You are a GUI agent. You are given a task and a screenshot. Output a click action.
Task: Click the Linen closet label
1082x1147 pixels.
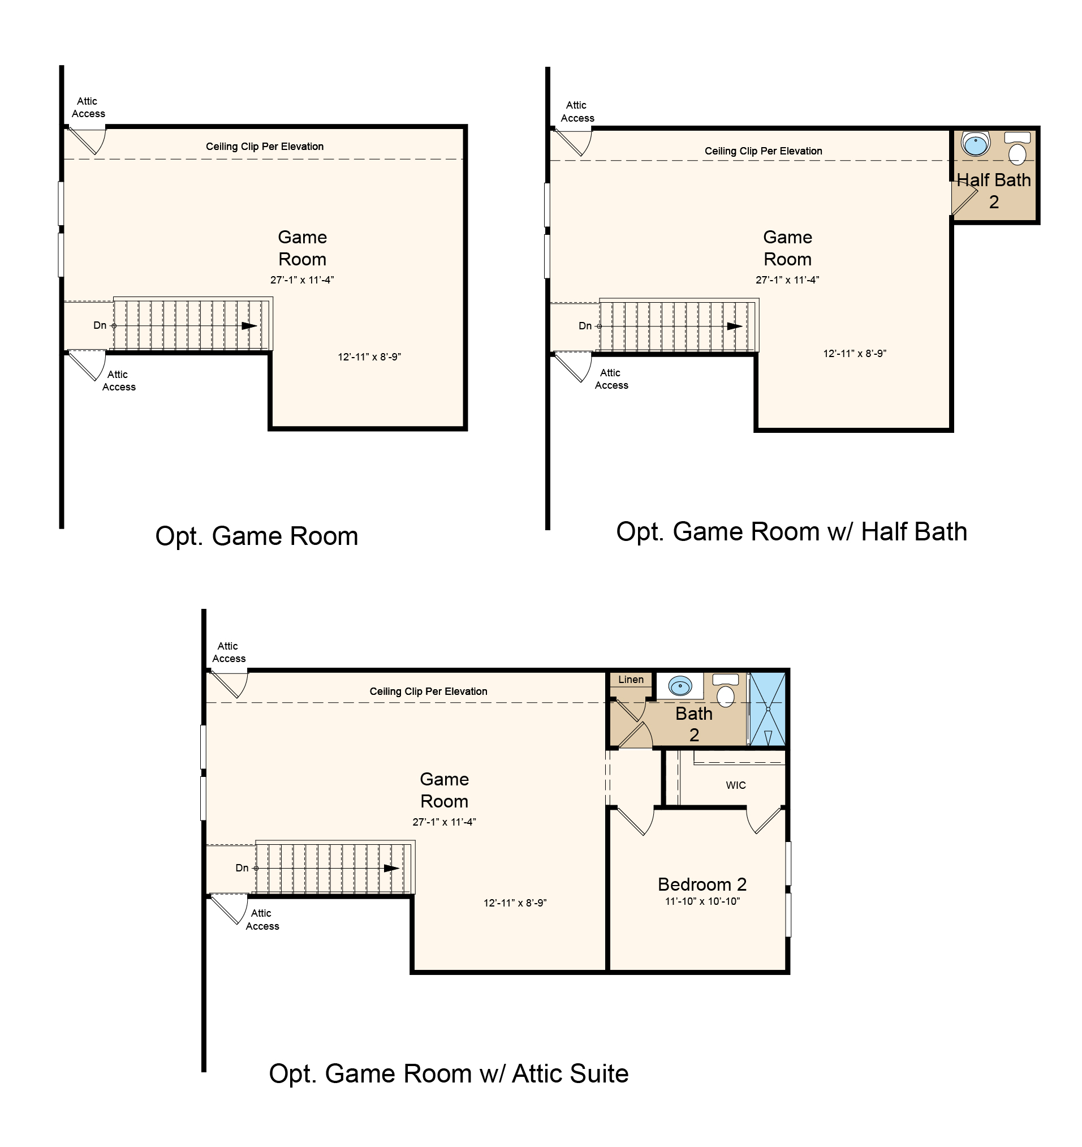631,679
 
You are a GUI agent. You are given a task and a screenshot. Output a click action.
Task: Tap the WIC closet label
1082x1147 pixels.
735,785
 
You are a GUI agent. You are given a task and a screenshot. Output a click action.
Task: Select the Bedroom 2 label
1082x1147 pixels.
702,884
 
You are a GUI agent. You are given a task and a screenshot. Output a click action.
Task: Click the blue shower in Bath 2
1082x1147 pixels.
768,708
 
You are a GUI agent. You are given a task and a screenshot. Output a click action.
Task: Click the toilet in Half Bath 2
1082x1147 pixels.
1018,148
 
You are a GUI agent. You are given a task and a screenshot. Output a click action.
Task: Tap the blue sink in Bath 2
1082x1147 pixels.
680,685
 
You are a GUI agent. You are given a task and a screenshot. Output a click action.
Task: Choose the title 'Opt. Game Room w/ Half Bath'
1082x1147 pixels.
791,531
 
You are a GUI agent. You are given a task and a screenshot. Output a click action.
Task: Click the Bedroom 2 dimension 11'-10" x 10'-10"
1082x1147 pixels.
702,901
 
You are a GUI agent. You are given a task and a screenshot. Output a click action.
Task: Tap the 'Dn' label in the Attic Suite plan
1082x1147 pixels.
242,868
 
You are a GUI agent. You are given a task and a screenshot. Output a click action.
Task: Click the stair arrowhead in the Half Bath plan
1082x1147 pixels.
734,327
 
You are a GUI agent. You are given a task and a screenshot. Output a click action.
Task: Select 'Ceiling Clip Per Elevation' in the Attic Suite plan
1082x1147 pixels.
428,691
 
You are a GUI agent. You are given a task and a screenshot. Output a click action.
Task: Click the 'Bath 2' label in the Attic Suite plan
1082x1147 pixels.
694,724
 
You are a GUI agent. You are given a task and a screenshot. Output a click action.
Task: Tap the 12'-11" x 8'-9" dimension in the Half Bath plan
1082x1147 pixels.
854,354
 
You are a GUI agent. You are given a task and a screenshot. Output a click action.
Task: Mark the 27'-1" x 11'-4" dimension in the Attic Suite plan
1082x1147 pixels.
444,822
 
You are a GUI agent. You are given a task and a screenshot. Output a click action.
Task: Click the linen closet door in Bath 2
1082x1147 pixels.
631,710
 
